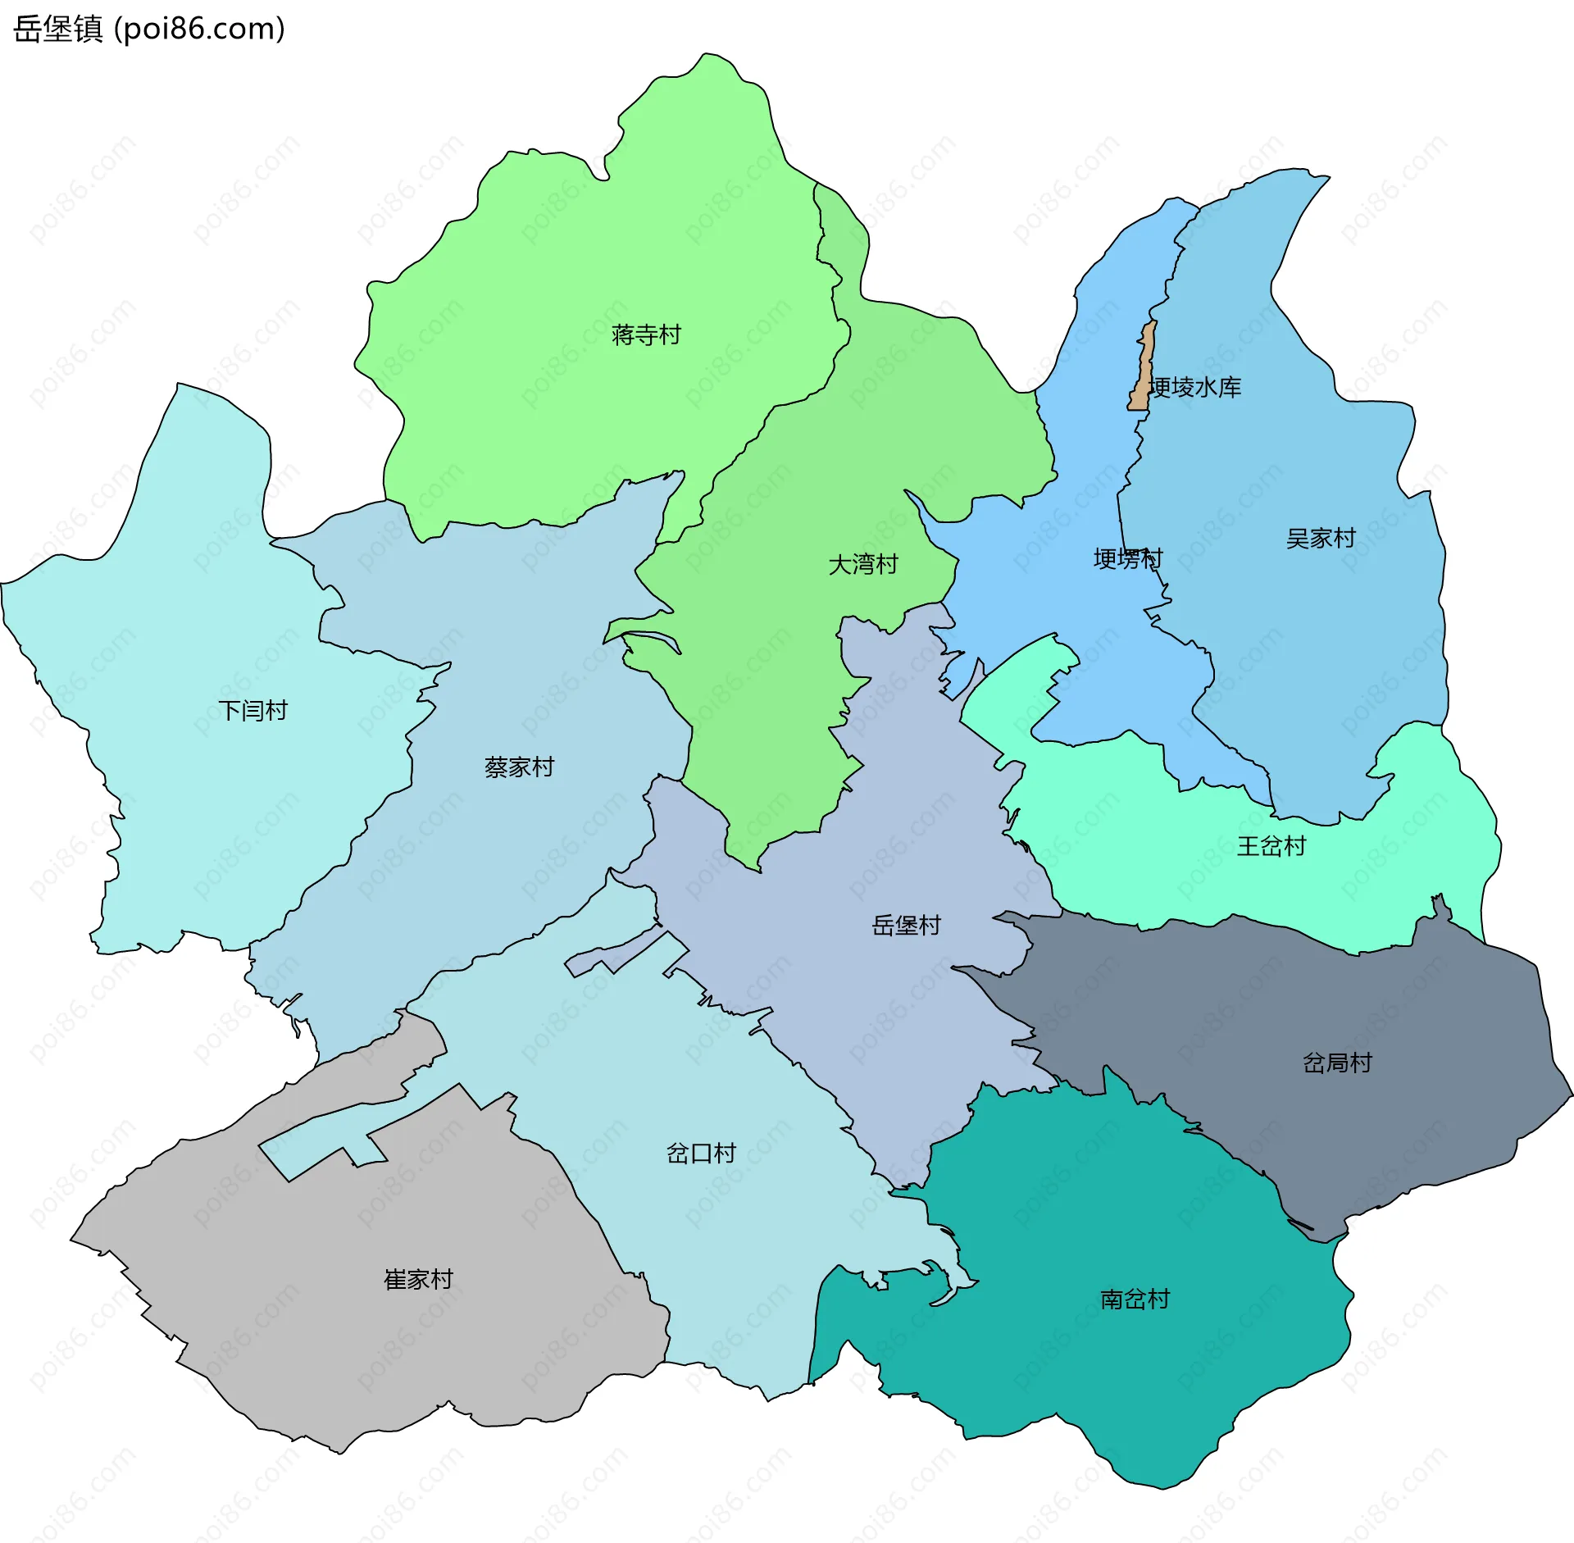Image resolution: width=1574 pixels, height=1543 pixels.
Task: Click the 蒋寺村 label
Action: pos(646,335)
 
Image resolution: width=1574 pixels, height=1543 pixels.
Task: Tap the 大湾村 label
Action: pos(863,564)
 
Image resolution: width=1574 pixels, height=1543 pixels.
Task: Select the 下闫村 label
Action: pos(252,710)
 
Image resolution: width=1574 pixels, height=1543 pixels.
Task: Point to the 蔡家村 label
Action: pos(519,767)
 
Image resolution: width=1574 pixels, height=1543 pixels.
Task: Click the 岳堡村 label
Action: pos(906,926)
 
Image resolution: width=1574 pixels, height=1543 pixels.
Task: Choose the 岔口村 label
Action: pos(701,1154)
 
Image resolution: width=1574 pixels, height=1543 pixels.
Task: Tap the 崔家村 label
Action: pos(418,1279)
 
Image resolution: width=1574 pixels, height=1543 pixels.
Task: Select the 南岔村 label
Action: pos(1135,1299)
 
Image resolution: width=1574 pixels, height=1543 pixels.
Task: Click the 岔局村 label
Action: pos(1337,1063)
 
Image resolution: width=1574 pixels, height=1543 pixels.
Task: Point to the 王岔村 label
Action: pos(1271,846)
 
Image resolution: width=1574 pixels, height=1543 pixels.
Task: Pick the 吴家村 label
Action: pos(1321,539)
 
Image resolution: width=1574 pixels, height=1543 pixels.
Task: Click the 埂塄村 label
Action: pos(1127,559)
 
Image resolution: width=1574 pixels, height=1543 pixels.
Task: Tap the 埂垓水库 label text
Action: pos(1196,387)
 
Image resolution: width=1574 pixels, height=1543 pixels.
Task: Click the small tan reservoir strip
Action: pos(1143,369)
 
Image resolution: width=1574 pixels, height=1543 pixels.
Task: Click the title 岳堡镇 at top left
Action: pos(57,29)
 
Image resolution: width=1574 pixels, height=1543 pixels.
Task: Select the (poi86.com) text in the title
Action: pos(199,29)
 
